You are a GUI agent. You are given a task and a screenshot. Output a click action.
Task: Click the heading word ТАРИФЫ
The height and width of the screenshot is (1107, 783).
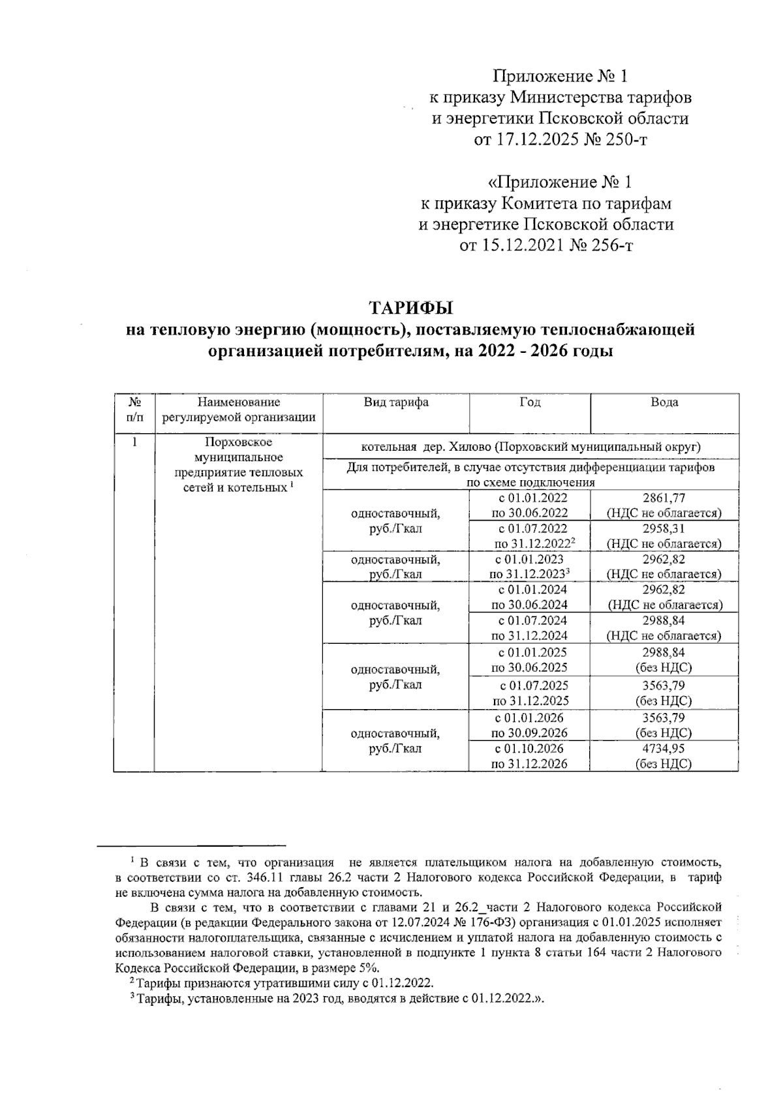(x=410, y=307)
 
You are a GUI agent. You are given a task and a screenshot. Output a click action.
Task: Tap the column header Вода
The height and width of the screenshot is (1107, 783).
(x=664, y=402)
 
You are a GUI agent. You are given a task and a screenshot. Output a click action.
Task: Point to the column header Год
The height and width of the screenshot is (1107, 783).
(x=529, y=402)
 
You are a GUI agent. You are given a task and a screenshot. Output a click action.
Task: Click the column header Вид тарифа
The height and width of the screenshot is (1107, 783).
(x=395, y=402)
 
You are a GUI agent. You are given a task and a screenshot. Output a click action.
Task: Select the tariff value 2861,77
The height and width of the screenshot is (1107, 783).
(x=664, y=498)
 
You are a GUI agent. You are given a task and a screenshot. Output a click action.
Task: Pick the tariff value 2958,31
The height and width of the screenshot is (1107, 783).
(x=664, y=528)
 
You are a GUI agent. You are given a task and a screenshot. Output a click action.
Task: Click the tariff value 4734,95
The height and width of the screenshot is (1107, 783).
(x=664, y=749)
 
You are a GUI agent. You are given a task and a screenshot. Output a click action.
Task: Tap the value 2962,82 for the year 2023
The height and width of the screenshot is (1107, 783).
(x=664, y=559)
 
